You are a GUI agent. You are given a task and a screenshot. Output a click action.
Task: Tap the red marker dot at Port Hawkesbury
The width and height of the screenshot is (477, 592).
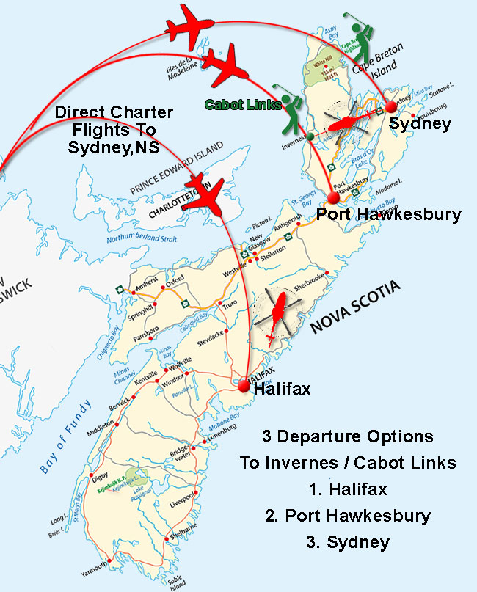tap(334, 197)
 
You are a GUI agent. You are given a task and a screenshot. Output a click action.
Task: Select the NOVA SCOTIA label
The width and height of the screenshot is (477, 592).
tap(357, 307)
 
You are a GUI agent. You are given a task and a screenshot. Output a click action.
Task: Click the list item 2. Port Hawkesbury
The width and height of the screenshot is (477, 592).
tap(348, 515)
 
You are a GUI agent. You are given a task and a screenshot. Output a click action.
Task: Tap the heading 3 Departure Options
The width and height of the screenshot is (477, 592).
tap(348, 436)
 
